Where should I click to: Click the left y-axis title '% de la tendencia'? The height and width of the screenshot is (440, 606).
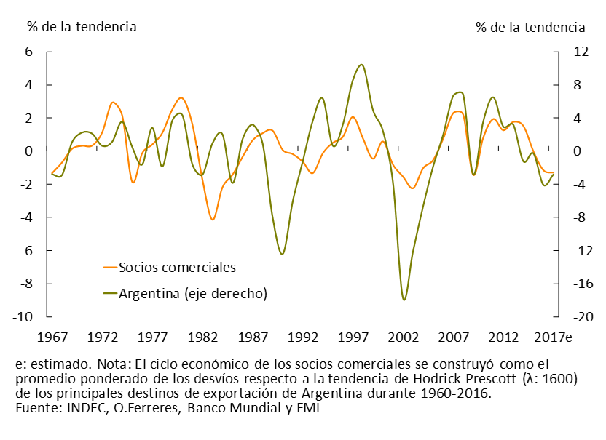[x=82, y=27]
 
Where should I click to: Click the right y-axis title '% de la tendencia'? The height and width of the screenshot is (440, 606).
[x=530, y=27]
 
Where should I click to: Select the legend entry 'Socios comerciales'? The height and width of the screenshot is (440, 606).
[x=177, y=267]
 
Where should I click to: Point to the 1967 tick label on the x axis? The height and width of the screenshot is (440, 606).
[x=52, y=337]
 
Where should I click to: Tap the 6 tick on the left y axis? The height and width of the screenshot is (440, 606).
[x=30, y=52]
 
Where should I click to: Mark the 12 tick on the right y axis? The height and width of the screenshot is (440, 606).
[x=572, y=52]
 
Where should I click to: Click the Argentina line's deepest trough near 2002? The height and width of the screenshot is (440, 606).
[x=404, y=300]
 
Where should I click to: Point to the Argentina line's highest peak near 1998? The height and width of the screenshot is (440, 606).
[x=362, y=65]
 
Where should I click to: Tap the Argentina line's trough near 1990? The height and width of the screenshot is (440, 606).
[x=282, y=254]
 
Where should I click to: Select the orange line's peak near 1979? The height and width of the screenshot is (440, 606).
[x=181, y=97]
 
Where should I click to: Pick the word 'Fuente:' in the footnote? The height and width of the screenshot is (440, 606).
[x=38, y=409]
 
